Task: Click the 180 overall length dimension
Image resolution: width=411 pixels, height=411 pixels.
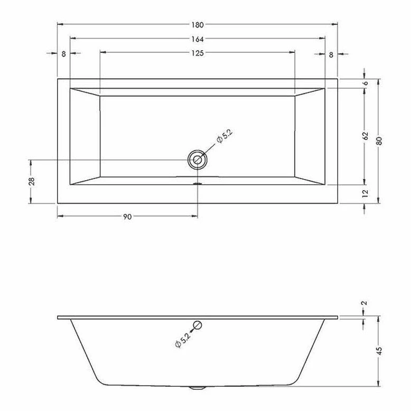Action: (197, 24)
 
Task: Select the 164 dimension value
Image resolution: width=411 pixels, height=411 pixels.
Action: (197, 39)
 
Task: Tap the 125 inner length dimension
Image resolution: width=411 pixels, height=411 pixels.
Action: (197, 52)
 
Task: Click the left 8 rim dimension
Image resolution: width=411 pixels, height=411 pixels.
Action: (63, 54)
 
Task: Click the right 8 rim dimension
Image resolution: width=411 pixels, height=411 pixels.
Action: (331, 54)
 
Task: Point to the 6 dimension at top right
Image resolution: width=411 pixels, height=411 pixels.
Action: (365, 83)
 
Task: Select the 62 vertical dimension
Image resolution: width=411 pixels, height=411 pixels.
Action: (365, 136)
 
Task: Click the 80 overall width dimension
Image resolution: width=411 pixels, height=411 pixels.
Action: (379, 141)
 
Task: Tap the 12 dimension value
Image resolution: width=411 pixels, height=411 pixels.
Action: (365, 194)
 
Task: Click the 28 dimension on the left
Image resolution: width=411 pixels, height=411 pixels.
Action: (31, 181)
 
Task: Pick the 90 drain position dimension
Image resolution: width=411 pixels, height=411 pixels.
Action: (127, 216)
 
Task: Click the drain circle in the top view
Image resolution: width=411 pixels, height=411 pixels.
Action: (198, 159)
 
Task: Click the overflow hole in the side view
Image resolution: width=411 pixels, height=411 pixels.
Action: (198, 325)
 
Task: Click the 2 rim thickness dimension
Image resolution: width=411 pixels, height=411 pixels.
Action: (365, 304)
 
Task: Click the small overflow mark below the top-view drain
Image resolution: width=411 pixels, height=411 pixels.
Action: (198, 184)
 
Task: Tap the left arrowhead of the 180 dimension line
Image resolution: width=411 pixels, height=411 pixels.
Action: (60, 24)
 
